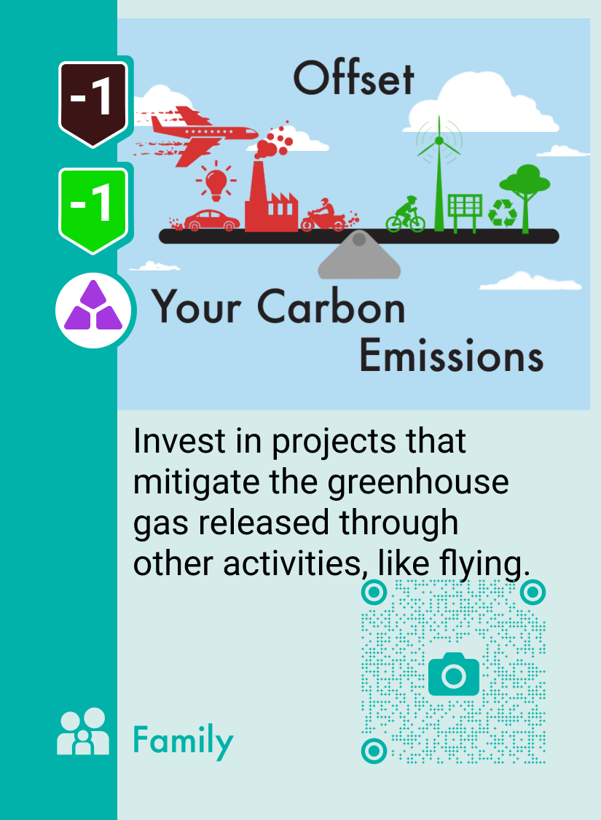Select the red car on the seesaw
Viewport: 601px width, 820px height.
pyautogui.click(x=211, y=220)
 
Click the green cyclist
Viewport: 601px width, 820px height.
pyautogui.click(x=406, y=214)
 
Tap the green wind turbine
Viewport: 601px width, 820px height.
pyautogui.click(x=439, y=175)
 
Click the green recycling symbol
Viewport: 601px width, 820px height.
pyautogui.click(x=502, y=214)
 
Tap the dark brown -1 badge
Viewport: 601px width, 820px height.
pyautogui.click(x=93, y=102)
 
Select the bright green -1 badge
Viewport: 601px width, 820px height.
pyautogui.click(x=93, y=208)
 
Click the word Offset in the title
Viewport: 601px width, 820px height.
pyautogui.click(x=354, y=79)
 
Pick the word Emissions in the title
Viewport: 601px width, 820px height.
pyautogui.click(x=452, y=356)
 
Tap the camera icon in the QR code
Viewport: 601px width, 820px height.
pyautogui.click(x=454, y=674)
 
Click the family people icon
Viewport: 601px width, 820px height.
pyautogui.click(x=83, y=732)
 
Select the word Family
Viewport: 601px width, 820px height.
pyautogui.click(x=183, y=741)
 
